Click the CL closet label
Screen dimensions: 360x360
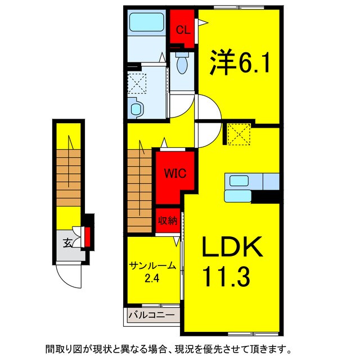pos(182,30)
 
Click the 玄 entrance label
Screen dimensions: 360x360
pos(67,243)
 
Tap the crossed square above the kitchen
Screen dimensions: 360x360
pos(237,133)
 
